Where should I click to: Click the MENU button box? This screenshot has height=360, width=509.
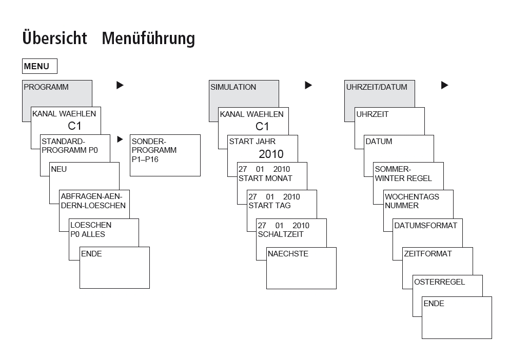coord(40,66)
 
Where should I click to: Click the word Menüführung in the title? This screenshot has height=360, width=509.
coord(148,38)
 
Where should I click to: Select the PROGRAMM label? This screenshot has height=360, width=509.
coord(46,87)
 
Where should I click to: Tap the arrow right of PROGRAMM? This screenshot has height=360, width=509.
coord(120,85)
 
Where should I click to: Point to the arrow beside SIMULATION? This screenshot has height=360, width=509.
coord(308,85)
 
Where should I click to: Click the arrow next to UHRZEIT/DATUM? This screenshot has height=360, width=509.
coord(445,85)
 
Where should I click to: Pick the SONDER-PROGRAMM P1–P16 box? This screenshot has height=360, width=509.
coord(165,155)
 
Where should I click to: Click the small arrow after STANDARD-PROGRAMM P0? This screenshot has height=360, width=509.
coord(120,139)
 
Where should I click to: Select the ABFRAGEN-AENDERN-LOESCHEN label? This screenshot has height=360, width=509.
coord(93,201)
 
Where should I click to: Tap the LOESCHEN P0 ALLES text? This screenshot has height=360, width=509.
coord(88,229)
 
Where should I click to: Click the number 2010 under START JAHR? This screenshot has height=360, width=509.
coord(271,154)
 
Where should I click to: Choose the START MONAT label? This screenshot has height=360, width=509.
coord(265,178)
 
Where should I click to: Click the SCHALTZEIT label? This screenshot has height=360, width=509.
coord(281,234)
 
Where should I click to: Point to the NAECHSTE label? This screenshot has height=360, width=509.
coord(288,254)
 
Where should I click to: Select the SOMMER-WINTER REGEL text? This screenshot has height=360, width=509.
coord(403,174)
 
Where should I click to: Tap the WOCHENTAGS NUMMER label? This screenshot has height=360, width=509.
coord(412,201)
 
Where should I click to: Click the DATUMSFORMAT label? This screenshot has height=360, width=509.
coord(425,226)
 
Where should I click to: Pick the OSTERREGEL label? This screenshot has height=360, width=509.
coord(440,282)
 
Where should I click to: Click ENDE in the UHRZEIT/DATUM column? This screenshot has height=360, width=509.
coord(434,304)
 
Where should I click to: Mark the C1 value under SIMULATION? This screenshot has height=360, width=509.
coord(262,126)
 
